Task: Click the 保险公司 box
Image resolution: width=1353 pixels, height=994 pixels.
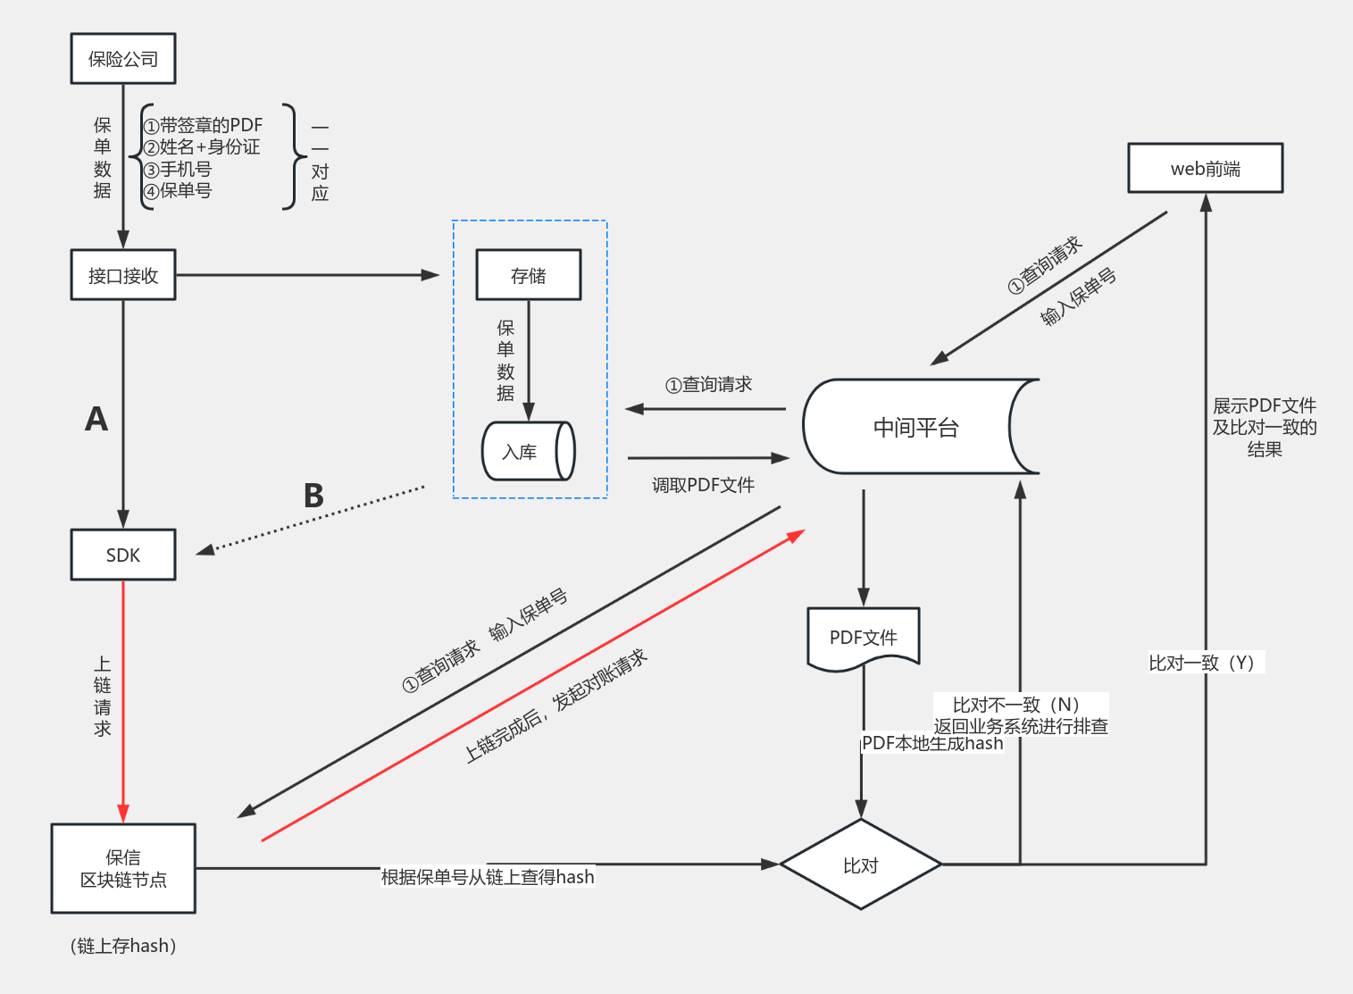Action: click(123, 59)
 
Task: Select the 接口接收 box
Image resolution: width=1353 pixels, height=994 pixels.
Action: click(123, 275)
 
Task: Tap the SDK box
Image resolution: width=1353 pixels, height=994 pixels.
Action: click(123, 555)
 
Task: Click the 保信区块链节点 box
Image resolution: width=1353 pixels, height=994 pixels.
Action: click(123, 868)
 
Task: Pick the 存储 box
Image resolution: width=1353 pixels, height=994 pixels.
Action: click(529, 275)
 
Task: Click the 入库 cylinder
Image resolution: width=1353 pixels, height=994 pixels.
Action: click(528, 451)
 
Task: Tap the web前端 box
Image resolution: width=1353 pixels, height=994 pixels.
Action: click(1205, 168)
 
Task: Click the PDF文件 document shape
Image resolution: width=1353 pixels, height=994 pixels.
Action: click(863, 638)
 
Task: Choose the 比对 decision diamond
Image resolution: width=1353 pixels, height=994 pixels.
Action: click(861, 865)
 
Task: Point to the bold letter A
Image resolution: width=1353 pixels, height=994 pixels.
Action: click(96, 419)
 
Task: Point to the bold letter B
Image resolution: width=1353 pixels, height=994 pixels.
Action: click(313, 496)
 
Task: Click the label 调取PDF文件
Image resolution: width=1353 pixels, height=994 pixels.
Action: click(703, 485)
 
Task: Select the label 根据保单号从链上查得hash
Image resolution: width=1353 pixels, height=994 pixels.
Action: click(488, 877)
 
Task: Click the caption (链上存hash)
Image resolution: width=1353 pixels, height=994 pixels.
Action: click(123, 946)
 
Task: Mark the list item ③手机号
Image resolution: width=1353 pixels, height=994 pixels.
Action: click(178, 169)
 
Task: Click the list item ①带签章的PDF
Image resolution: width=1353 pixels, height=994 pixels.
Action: click(203, 126)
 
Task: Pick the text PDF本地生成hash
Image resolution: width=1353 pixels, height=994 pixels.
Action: click(932, 743)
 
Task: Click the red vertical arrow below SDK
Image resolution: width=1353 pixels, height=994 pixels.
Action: click(123, 697)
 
